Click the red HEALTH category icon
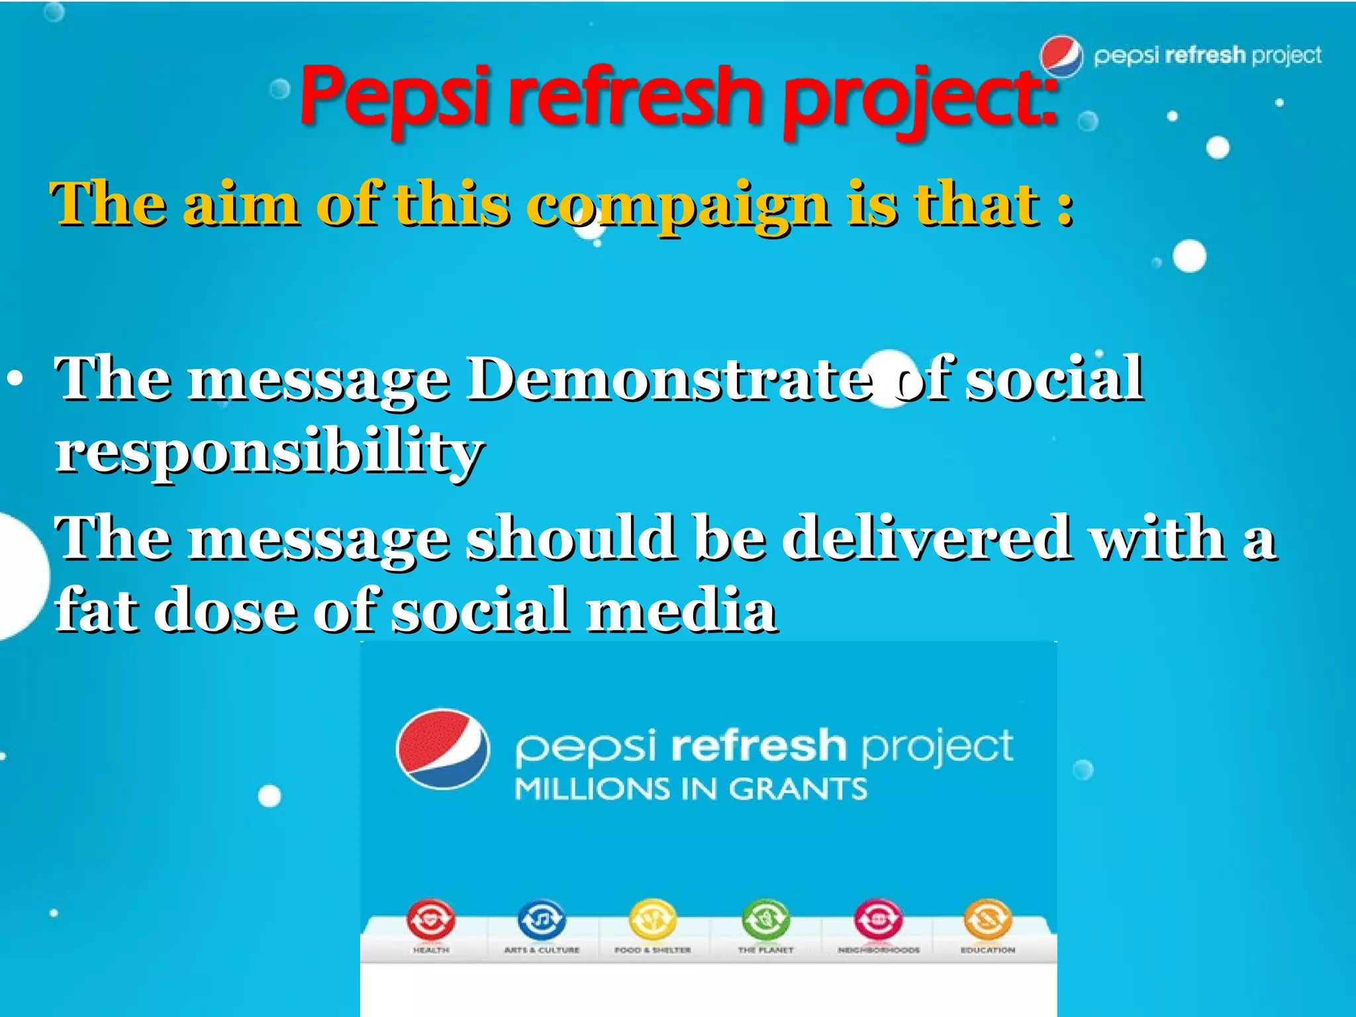tap(431, 919)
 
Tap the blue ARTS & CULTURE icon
tap(542, 919)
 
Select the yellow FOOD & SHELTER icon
tap(653, 919)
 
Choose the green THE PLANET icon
tap(766, 919)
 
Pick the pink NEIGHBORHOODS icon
tap(878, 919)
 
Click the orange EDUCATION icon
tap(988, 919)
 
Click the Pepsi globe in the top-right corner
tap(1061, 56)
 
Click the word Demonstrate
tap(669, 379)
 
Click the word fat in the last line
tap(97, 609)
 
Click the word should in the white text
tap(571, 538)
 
